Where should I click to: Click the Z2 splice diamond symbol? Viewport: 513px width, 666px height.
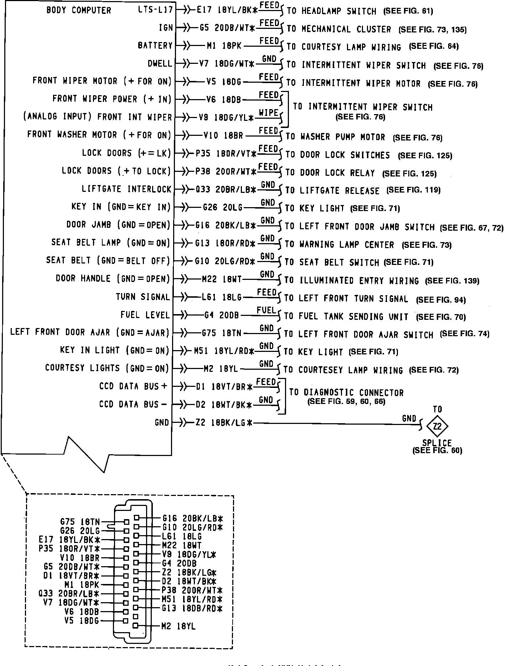coord(437,426)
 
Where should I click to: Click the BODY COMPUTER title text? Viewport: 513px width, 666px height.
coord(79,10)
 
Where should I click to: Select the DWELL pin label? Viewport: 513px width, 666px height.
coord(160,64)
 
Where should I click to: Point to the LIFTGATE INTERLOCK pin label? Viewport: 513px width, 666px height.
coord(126,189)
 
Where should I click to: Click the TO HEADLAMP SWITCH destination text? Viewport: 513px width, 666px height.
coord(331,11)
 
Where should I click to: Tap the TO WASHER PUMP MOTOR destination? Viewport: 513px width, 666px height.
coord(335,137)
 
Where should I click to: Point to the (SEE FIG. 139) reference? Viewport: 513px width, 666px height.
coord(452,281)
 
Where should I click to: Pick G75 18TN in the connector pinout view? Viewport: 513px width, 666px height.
coord(80,522)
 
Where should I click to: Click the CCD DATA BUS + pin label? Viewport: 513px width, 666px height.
coord(133,386)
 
